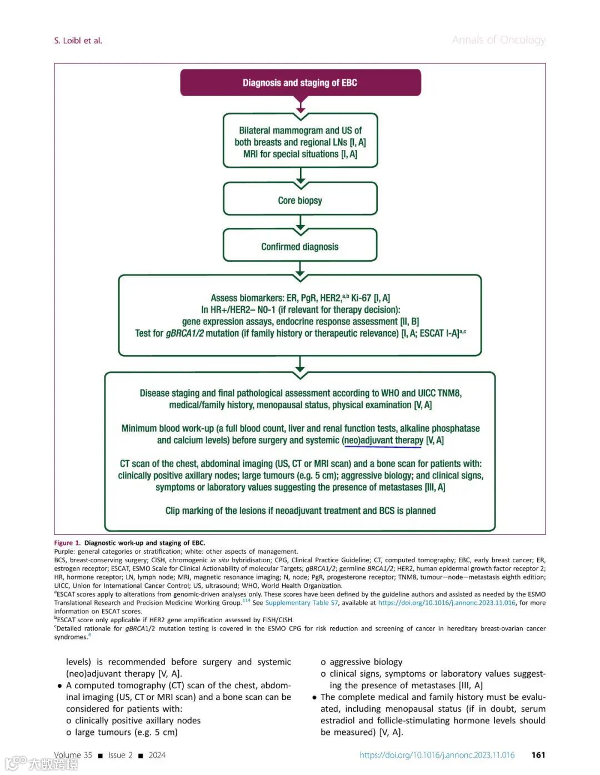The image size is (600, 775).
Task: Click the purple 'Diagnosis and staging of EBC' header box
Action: coord(300,83)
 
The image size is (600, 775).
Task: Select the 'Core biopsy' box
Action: coord(300,200)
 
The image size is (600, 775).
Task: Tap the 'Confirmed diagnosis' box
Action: coord(300,247)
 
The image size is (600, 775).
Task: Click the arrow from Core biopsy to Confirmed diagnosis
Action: coord(301,223)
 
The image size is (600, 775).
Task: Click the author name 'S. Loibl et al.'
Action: coord(78,41)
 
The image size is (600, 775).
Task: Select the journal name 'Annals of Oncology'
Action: coord(498,40)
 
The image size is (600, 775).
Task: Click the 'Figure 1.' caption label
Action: coord(67,543)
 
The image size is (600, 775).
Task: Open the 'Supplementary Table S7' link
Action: coord(302,603)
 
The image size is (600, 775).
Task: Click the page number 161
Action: coord(538,755)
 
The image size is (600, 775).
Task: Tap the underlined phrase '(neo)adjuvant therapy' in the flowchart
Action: coord(383,440)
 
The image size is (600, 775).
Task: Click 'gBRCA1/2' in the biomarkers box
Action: coord(184,333)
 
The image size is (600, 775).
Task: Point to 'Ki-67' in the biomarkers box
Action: coord(362,298)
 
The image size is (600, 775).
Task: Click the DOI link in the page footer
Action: coord(437,755)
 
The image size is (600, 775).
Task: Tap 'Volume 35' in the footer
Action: coord(73,755)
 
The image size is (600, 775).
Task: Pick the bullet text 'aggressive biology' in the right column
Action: coord(366,662)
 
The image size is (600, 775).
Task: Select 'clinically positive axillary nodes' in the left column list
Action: coord(138,721)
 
